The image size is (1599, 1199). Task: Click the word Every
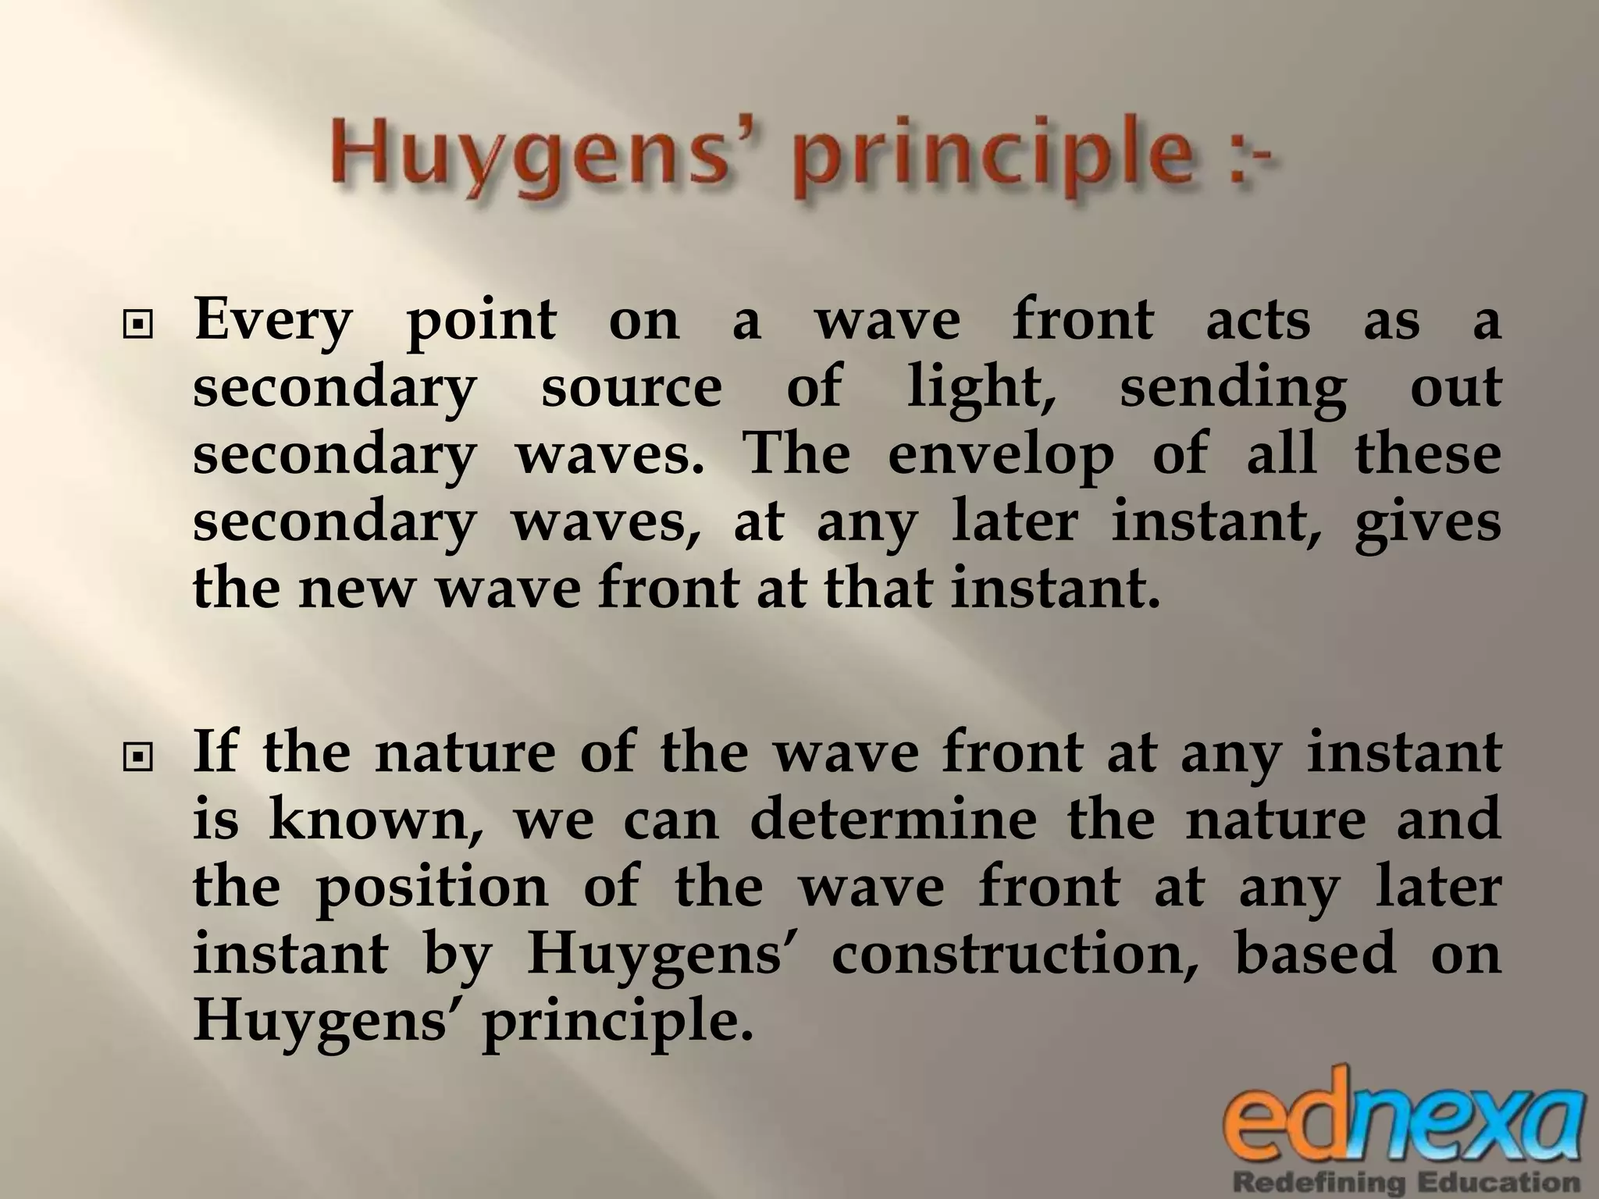[273, 322]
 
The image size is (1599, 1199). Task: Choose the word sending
[1234, 389]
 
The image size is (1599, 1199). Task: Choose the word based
[1315, 954]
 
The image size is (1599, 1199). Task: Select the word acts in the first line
[1258, 322]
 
